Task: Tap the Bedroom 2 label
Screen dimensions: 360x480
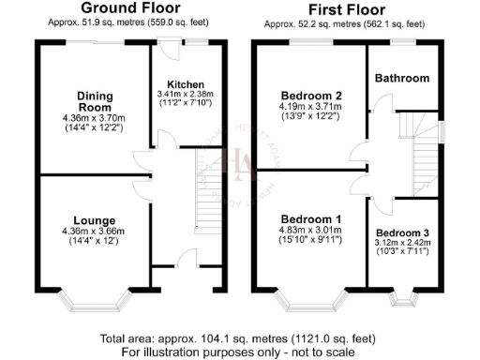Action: pos(310,96)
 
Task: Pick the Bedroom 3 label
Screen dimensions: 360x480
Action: pos(401,232)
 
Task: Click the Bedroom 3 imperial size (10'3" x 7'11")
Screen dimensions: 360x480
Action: pos(401,252)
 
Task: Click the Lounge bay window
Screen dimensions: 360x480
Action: pos(94,303)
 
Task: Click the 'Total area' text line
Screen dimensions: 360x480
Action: pos(240,338)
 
